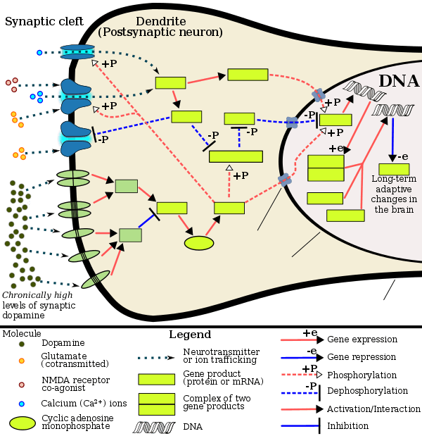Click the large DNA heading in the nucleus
(x=398, y=81)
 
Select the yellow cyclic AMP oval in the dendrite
(x=199, y=243)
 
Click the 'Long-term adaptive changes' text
(x=392, y=194)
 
